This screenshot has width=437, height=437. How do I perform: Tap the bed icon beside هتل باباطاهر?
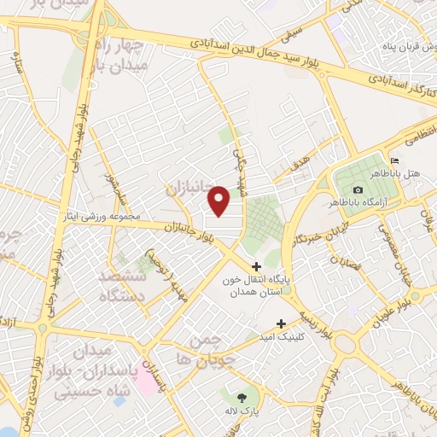[393, 160]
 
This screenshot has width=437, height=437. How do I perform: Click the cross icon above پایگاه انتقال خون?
[257, 267]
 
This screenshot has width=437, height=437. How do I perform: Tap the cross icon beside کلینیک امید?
[281, 323]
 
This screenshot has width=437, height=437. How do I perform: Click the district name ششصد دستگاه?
[123, 288]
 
